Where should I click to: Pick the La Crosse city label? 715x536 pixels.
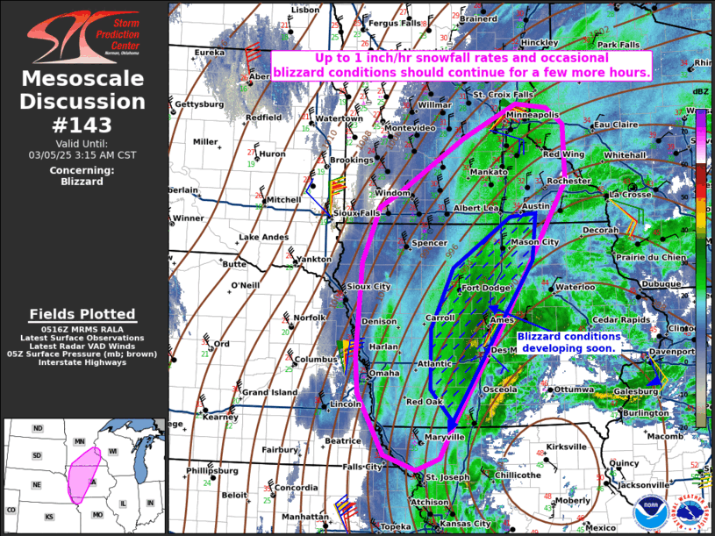(x=630, y=194)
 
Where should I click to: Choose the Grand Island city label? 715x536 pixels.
(x=268, y=392)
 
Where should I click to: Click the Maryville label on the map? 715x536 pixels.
(x=443, y=436)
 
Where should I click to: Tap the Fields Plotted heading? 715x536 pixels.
(x=82, y=314)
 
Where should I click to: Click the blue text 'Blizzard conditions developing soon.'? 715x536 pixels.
(x=568, y=342)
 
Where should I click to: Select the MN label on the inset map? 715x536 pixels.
(x=78, y=441)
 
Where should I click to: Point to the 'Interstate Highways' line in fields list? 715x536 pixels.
(x=82, y=362)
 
